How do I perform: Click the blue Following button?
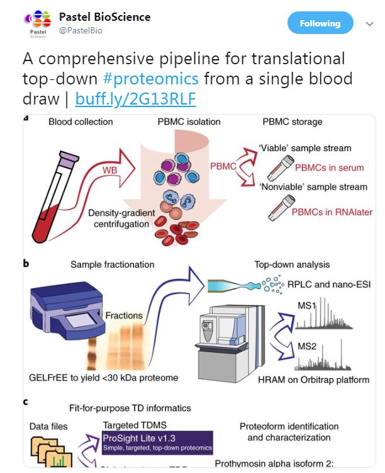tap(320, 23)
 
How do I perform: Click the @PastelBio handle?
tap(80, 30)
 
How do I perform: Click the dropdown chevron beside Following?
tap(369, 24)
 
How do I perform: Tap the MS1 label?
tap(306, 305)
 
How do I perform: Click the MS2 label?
tap(306, 345)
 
